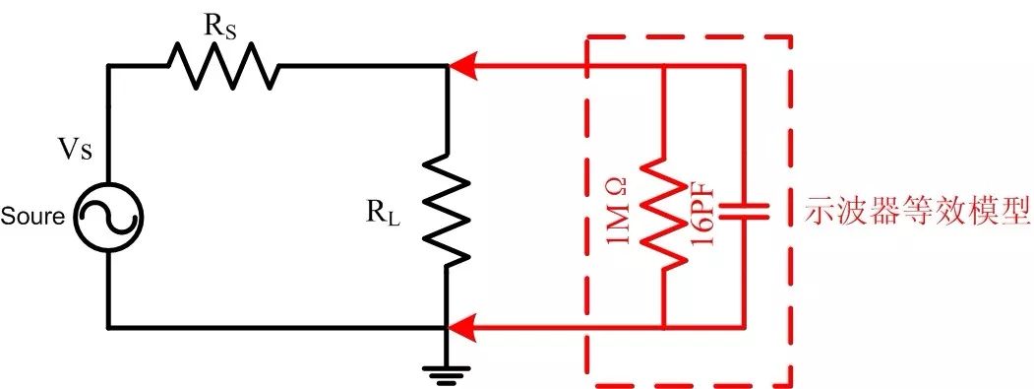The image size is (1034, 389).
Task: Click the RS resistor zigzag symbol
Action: point(223,67)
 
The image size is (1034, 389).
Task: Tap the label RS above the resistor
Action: point(220,27)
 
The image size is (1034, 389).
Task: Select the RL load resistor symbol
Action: point(447,210)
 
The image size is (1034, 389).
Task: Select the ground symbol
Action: point(447,370)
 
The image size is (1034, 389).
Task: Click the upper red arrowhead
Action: point(461,68)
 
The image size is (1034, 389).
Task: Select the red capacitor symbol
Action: point(743,209)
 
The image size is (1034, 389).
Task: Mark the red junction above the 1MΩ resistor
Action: point(664,67)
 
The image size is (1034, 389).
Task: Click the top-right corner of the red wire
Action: point(743,67)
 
